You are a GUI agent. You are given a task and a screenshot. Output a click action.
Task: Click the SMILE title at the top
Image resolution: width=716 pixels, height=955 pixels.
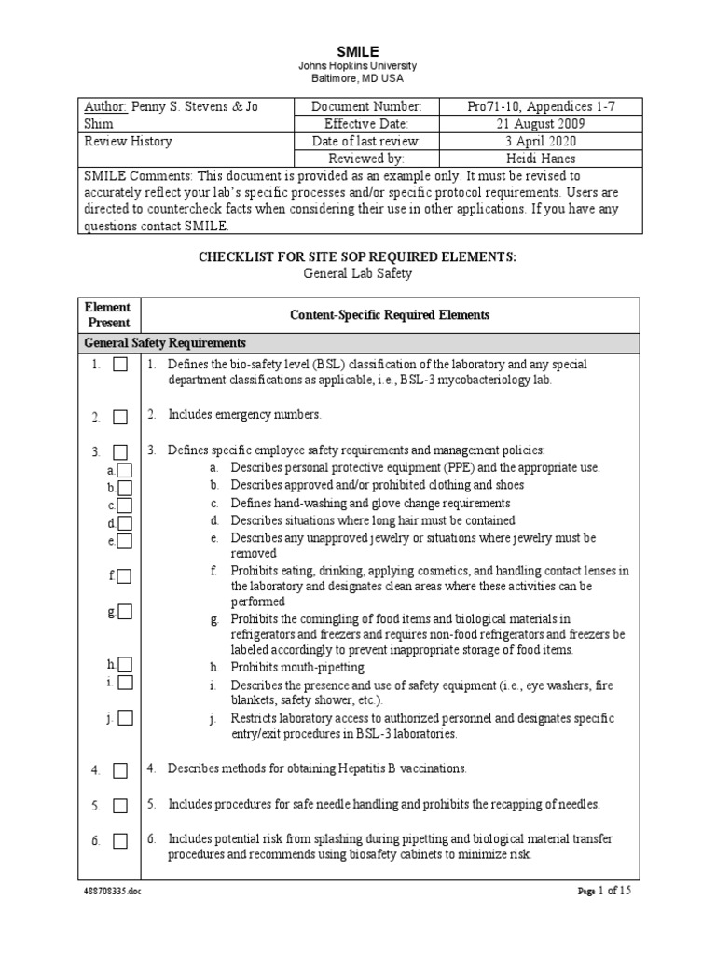357,52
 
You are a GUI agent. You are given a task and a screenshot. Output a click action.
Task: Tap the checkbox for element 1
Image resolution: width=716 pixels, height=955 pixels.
120,366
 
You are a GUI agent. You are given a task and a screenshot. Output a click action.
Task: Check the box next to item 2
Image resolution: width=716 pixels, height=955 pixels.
120,417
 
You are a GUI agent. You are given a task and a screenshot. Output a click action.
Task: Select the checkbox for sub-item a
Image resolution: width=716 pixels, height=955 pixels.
124,471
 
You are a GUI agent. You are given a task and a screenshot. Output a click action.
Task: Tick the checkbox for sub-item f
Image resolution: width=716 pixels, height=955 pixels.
124,577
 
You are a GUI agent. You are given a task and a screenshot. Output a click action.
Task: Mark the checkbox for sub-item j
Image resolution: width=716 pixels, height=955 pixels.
125,717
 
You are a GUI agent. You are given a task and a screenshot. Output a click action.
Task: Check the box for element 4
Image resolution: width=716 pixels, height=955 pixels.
120,770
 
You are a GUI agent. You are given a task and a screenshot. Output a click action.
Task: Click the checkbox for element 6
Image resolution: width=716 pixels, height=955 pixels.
120,841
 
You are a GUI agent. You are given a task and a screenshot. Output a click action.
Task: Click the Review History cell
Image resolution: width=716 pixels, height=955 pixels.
129,142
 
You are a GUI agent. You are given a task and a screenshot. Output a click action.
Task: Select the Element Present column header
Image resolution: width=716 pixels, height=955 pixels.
108,314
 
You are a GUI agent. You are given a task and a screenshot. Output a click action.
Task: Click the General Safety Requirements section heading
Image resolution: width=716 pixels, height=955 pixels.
165,342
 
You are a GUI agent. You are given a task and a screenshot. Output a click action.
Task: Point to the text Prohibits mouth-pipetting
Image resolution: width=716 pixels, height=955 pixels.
297,667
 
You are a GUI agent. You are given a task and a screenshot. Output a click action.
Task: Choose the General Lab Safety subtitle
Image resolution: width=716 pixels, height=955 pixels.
357,274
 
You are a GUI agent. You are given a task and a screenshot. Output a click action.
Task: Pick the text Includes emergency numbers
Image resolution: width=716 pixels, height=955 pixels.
244,414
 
